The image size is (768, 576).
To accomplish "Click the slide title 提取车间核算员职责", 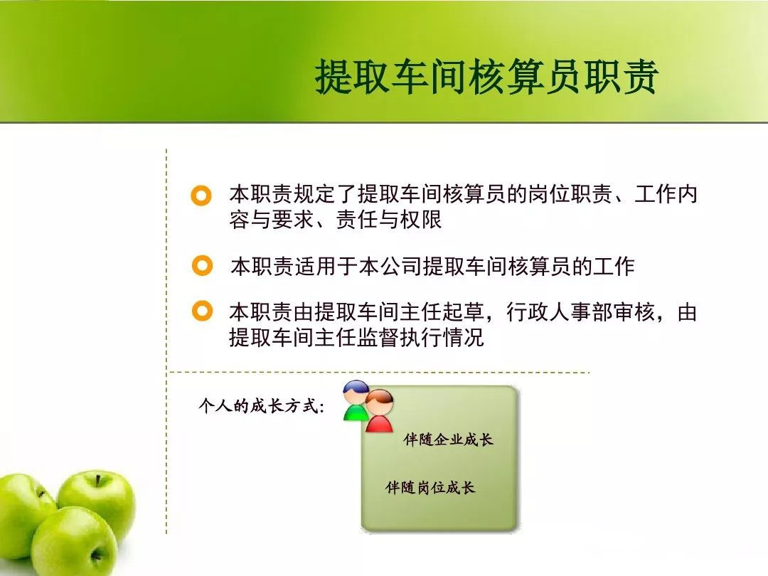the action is coord(486,77).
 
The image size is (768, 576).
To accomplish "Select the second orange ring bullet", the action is coord(202,265).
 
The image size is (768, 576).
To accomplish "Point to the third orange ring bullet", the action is coord(202,311).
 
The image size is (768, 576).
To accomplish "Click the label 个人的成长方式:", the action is coord(261,406).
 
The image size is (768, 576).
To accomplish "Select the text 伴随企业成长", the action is coord(448,439).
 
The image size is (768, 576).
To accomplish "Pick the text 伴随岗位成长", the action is coord(430,487).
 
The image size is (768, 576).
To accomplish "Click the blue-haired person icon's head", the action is coord(356,392).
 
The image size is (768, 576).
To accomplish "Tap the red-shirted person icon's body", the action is coord(379,424).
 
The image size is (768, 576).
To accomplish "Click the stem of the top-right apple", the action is coord(98,479).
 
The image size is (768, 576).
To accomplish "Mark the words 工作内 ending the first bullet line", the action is coord(666,195).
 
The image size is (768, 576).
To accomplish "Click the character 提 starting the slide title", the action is coord(334,77).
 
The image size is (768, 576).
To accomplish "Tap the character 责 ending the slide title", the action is coord(639,77).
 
